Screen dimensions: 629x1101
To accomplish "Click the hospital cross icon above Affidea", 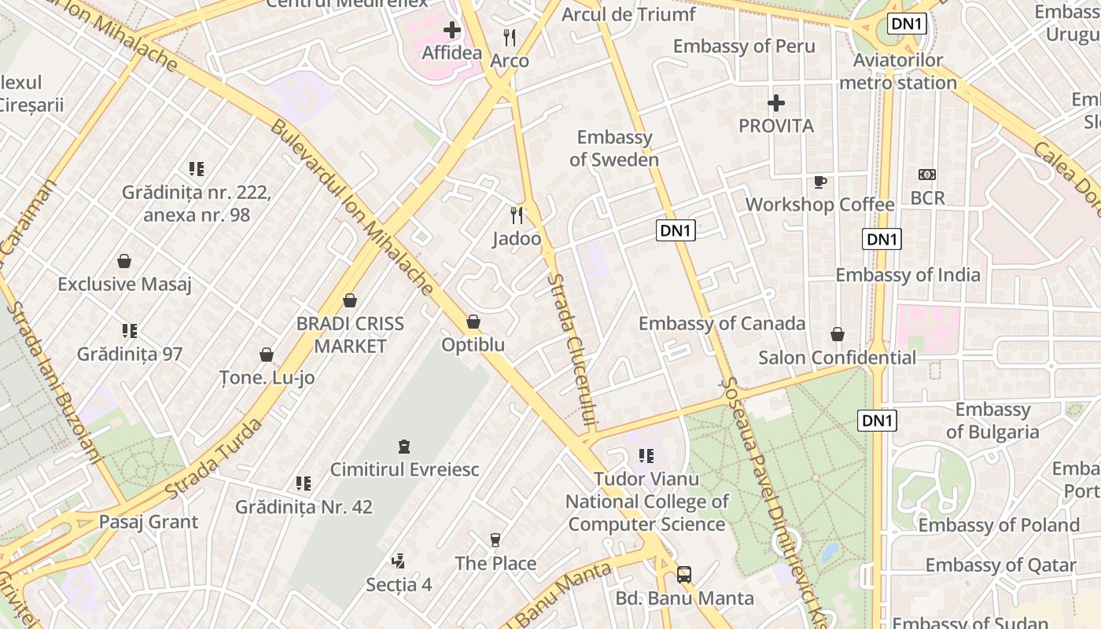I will tap(452, 31).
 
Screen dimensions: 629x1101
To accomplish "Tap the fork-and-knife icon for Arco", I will tap(510, 37).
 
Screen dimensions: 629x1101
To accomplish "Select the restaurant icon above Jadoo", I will tap(517, 215).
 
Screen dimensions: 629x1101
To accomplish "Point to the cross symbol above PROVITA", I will tap(776, 103).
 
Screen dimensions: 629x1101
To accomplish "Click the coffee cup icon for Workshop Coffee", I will tap(820, 182).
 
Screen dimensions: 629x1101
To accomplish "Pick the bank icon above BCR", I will tap(927, 175).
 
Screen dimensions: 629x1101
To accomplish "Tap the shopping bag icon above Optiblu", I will tap(473, 322).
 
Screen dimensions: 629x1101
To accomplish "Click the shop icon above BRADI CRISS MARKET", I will tap(350, 300).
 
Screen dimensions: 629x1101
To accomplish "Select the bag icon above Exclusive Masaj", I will tap(124, 261).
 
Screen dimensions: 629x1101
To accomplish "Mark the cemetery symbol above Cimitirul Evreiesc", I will tap(404, 447).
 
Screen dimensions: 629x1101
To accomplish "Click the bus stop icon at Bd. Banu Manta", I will tap(684, 575).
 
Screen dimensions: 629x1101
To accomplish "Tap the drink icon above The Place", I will tap(495, 540).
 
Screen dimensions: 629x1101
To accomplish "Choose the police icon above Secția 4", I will tap(399, 561).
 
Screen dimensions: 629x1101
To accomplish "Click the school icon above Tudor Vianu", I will tap(646, 456).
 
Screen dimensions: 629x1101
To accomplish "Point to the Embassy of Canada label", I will tap(721, 323).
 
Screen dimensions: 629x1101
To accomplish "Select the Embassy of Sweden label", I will tap(614, 149).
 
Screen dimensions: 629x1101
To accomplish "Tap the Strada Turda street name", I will tap(213, 459).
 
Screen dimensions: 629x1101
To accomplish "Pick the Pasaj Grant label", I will tap(149, 522).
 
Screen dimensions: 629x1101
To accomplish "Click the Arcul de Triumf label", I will tap(628, 14).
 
